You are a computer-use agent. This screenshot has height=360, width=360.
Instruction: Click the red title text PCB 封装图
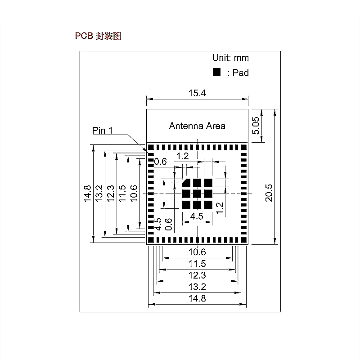(x=98, y=36)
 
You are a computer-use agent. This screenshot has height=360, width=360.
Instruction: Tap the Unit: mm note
(x=230, y=58)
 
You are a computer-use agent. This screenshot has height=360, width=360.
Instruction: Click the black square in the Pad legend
(x=216, y=72)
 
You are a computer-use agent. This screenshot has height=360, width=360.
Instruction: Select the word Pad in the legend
(x=241, y=73)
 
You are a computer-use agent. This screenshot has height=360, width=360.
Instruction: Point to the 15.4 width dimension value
(x=197, y=93)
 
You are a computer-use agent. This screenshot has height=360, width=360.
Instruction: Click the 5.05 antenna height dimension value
(x=256, y=126)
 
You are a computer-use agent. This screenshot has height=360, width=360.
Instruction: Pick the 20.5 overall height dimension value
(x=269, y=193)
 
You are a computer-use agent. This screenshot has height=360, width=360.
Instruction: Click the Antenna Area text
(x=197, y=126)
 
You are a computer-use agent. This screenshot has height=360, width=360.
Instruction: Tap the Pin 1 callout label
(x=103, y=130)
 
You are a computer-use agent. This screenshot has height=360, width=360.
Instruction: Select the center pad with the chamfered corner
(x=186, y=183)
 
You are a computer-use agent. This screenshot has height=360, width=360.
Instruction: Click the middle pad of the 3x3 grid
(x=197, y=193)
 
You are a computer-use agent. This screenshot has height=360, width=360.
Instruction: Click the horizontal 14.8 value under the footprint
(x=197, y=298)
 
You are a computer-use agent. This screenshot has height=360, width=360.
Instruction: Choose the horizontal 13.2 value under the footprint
(x=197, y=287)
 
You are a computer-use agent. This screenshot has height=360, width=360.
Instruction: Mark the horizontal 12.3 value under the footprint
(x=197, y=275)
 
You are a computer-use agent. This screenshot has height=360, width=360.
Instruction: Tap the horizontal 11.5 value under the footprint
(x=197, y=264)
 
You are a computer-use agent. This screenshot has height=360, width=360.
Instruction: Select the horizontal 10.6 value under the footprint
(x=197, y=252)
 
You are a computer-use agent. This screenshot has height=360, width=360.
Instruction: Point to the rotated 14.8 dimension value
(x=87, y=194)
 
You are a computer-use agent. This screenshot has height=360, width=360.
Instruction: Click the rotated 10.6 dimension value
(x=134, y=194)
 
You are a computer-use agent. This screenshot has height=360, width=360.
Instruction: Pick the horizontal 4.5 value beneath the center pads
(x=197, y=216)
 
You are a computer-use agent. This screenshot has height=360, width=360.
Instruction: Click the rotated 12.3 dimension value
(x=111, y=194)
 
